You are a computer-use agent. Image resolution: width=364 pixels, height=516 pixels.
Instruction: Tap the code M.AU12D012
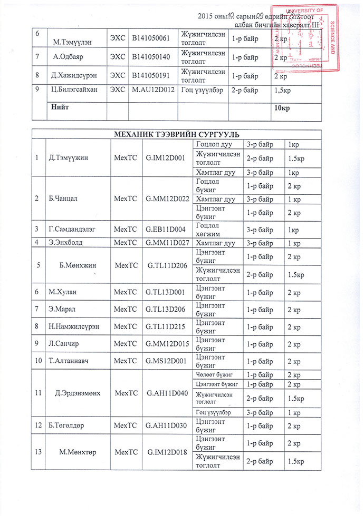(154, 90)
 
